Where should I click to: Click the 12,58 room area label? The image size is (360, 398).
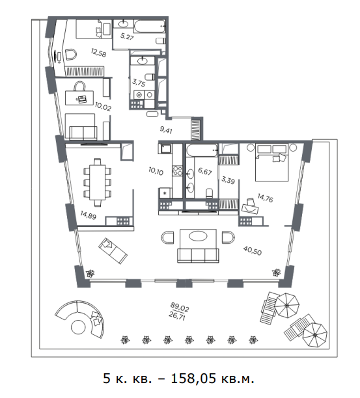(98, 53)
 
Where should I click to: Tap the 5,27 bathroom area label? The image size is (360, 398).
(127, 36)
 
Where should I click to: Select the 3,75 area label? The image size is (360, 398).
(139, 83)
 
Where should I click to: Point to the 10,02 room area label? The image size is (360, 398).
(103, 107)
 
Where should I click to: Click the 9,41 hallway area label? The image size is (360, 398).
(166, 130)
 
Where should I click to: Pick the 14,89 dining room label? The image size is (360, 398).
(88, 215)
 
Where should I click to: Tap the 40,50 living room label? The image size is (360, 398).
(253, 250)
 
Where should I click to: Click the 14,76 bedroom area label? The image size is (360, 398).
(265, 198)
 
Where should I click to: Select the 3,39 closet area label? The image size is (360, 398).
(228, 180)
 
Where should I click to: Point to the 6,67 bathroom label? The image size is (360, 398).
(205, 172)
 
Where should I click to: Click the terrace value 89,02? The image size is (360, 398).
(180, 308)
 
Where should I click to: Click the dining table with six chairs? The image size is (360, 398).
(97, 182)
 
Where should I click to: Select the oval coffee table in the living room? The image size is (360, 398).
(198, 236)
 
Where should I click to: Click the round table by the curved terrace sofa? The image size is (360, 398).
(78, 327)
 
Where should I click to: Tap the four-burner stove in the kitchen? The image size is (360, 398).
(177, 170)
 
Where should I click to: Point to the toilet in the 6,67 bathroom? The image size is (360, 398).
(210, 193)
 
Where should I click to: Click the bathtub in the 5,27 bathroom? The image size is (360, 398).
(150, 26)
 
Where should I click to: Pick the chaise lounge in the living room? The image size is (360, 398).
(113, 251)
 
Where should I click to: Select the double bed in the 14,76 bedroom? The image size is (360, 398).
(272, 163)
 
